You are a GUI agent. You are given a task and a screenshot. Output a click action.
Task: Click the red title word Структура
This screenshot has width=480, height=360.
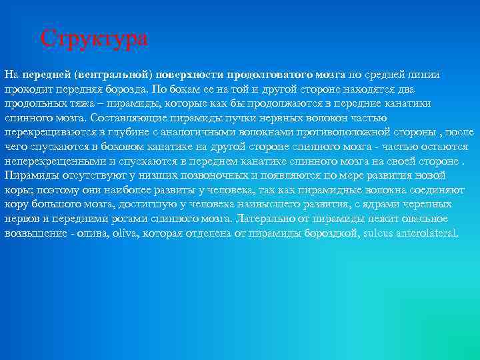pos(94,38)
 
